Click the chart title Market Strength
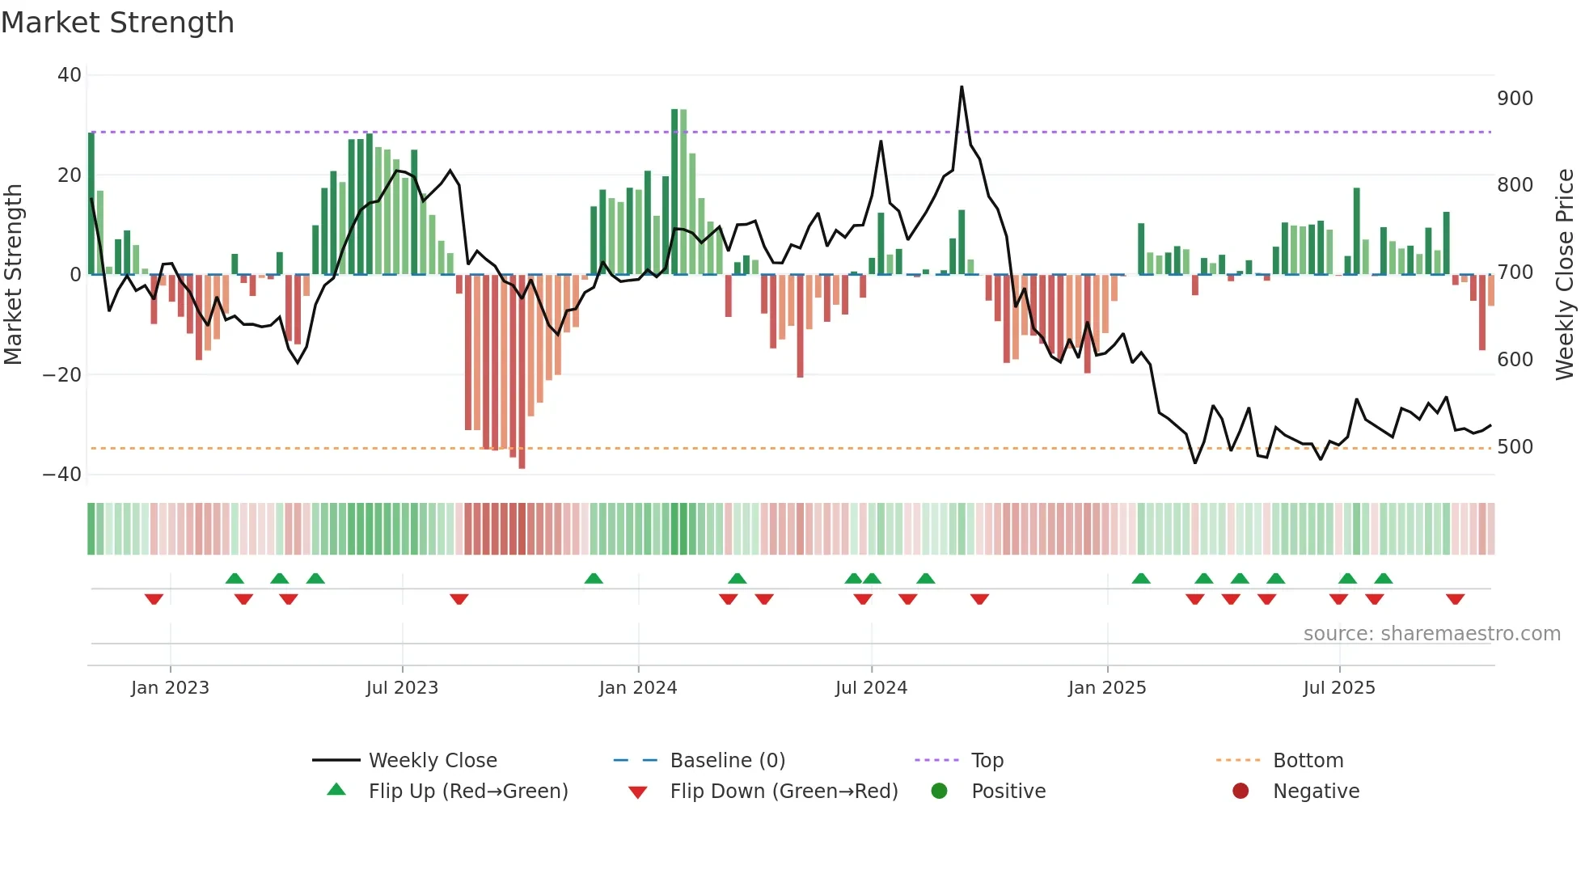tap(117, 23)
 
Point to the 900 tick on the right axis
tap(1515, 99)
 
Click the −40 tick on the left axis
tap(62, 475)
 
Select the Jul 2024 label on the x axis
tap(871, 688)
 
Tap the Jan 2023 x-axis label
tap(170, 688)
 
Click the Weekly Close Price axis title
tap(1565, 275)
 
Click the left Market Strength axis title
tap(13, 275)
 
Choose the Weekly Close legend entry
tap(432, 761)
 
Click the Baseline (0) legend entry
tap(727, 761)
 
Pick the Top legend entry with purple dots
tap(987, 761)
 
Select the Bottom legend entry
tap(1308, 761)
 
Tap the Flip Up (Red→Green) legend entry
tap(467, 792)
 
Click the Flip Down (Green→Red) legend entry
tap(783, 792)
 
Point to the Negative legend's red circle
tap(1241, 791)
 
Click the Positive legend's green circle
tap(939, 791)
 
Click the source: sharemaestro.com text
tap(1431, 634)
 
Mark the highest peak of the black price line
tap(962, 87)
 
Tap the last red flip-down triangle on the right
tap(1455, 599)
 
